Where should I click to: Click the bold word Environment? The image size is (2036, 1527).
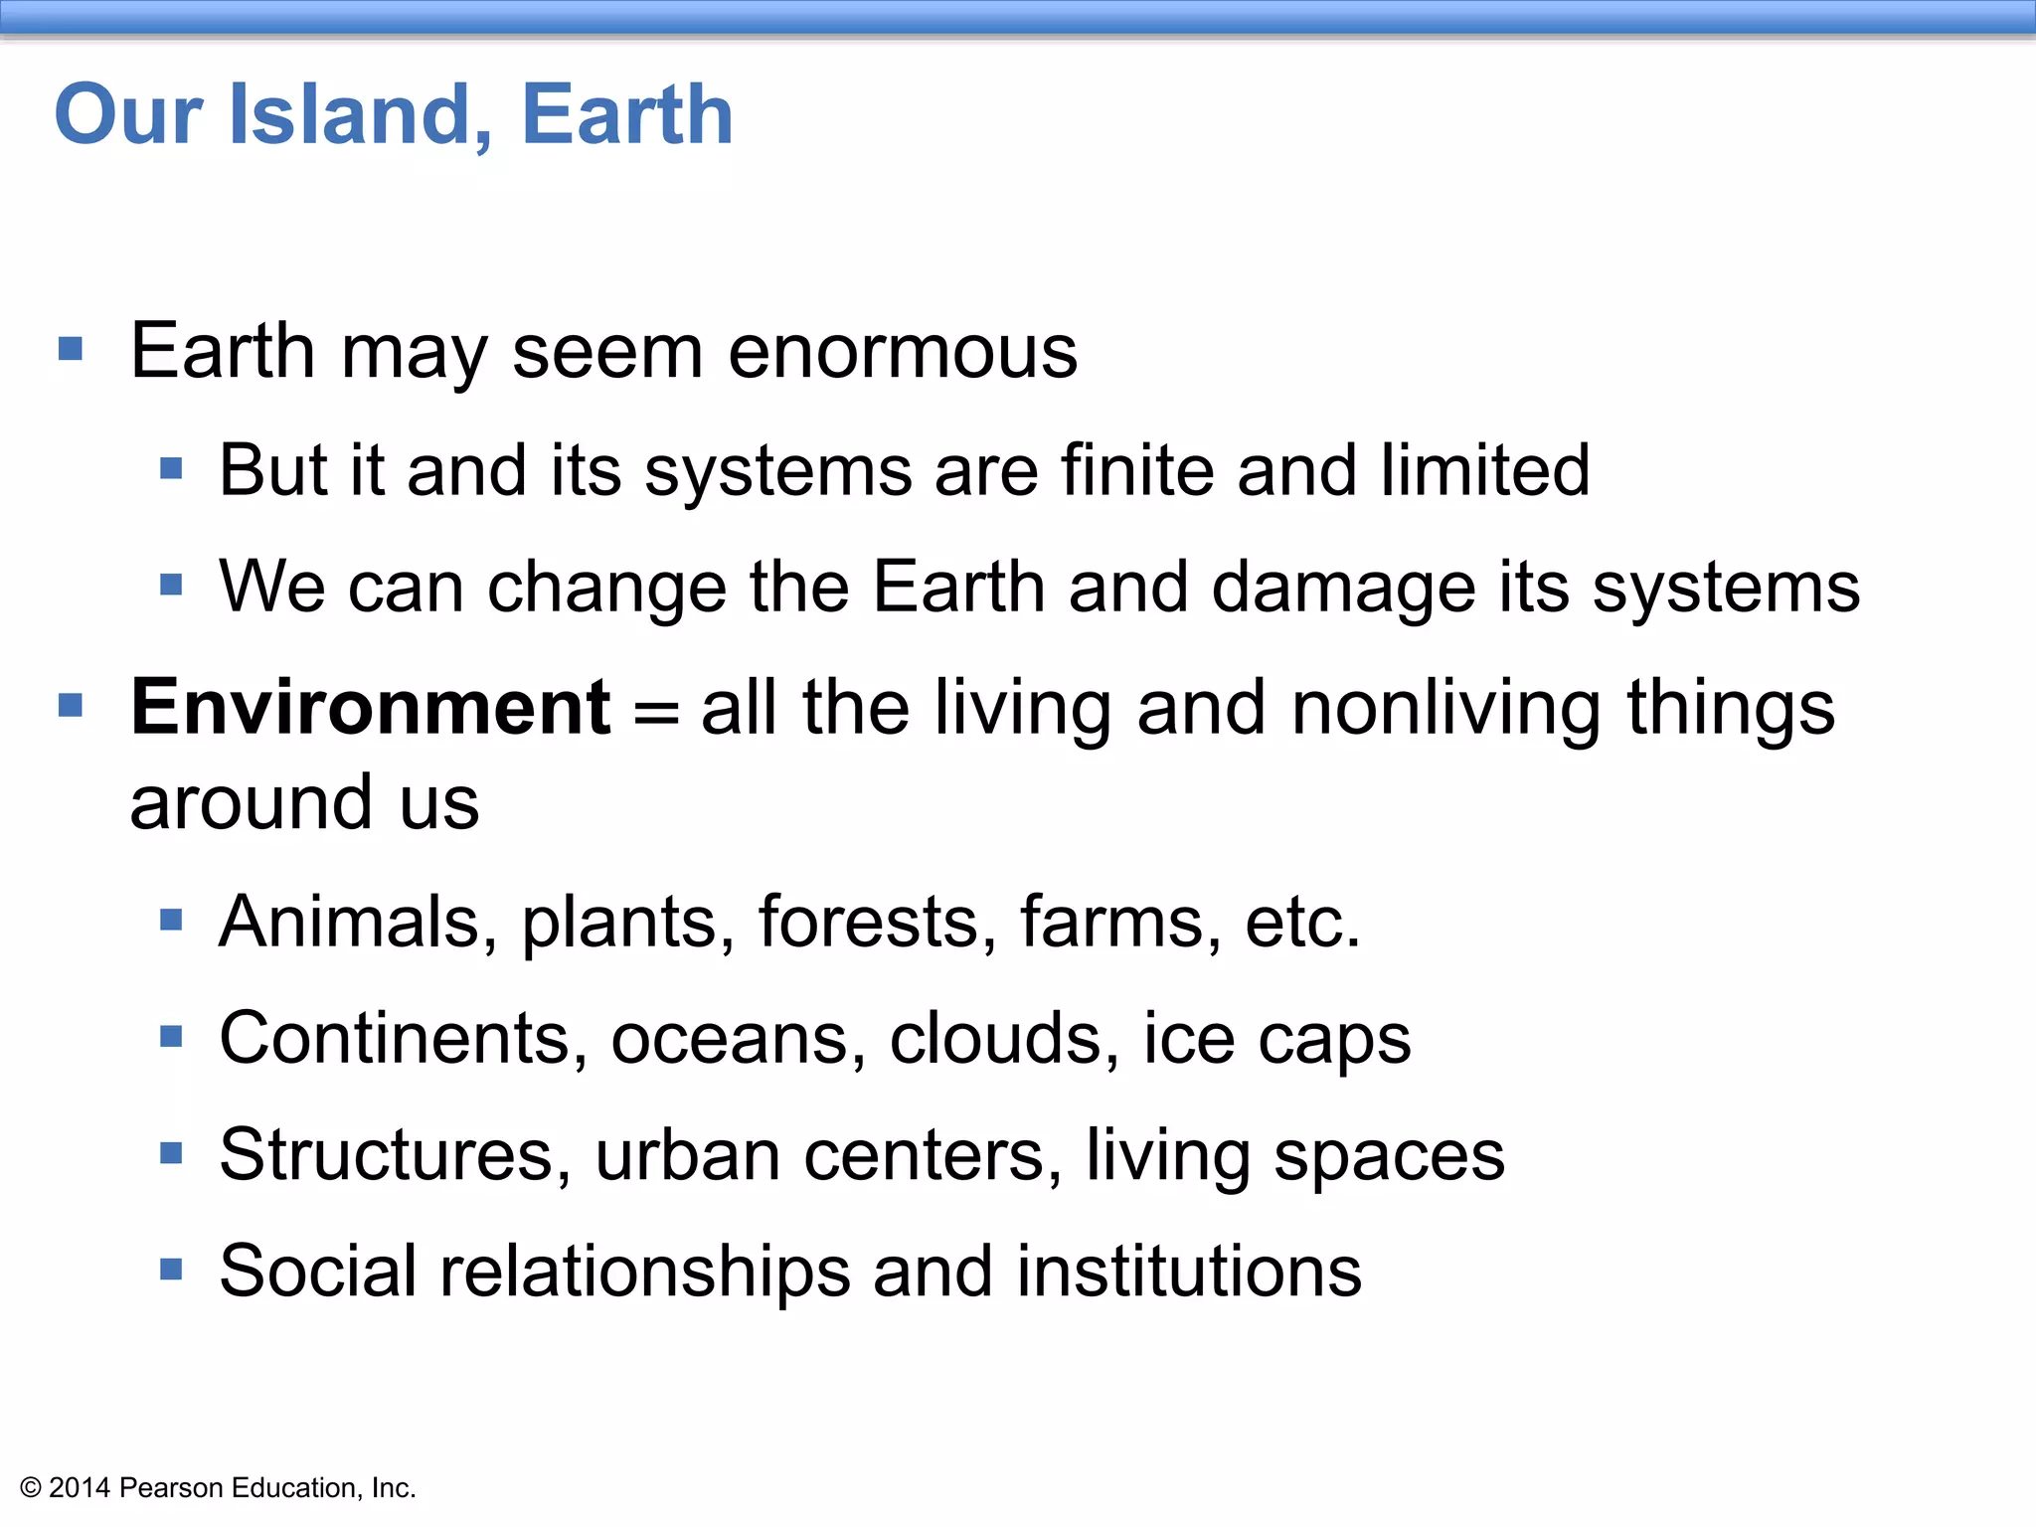tap(370, 708)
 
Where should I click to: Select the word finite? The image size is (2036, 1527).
tap(1136, 470)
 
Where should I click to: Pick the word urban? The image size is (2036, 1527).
tap(688, 1155)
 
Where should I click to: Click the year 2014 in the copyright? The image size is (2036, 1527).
tap(80, 1488)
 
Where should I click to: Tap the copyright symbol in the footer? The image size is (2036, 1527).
tap(31, 1488)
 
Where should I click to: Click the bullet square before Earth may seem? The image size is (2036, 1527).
tap(71, 349)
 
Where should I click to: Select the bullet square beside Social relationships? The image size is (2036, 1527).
tap(171, 1270)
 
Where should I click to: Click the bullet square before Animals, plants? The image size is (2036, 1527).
tap(171, 920)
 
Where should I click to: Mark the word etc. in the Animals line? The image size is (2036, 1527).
tap(1301, 922)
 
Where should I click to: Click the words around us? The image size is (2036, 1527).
tap(304, 802)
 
